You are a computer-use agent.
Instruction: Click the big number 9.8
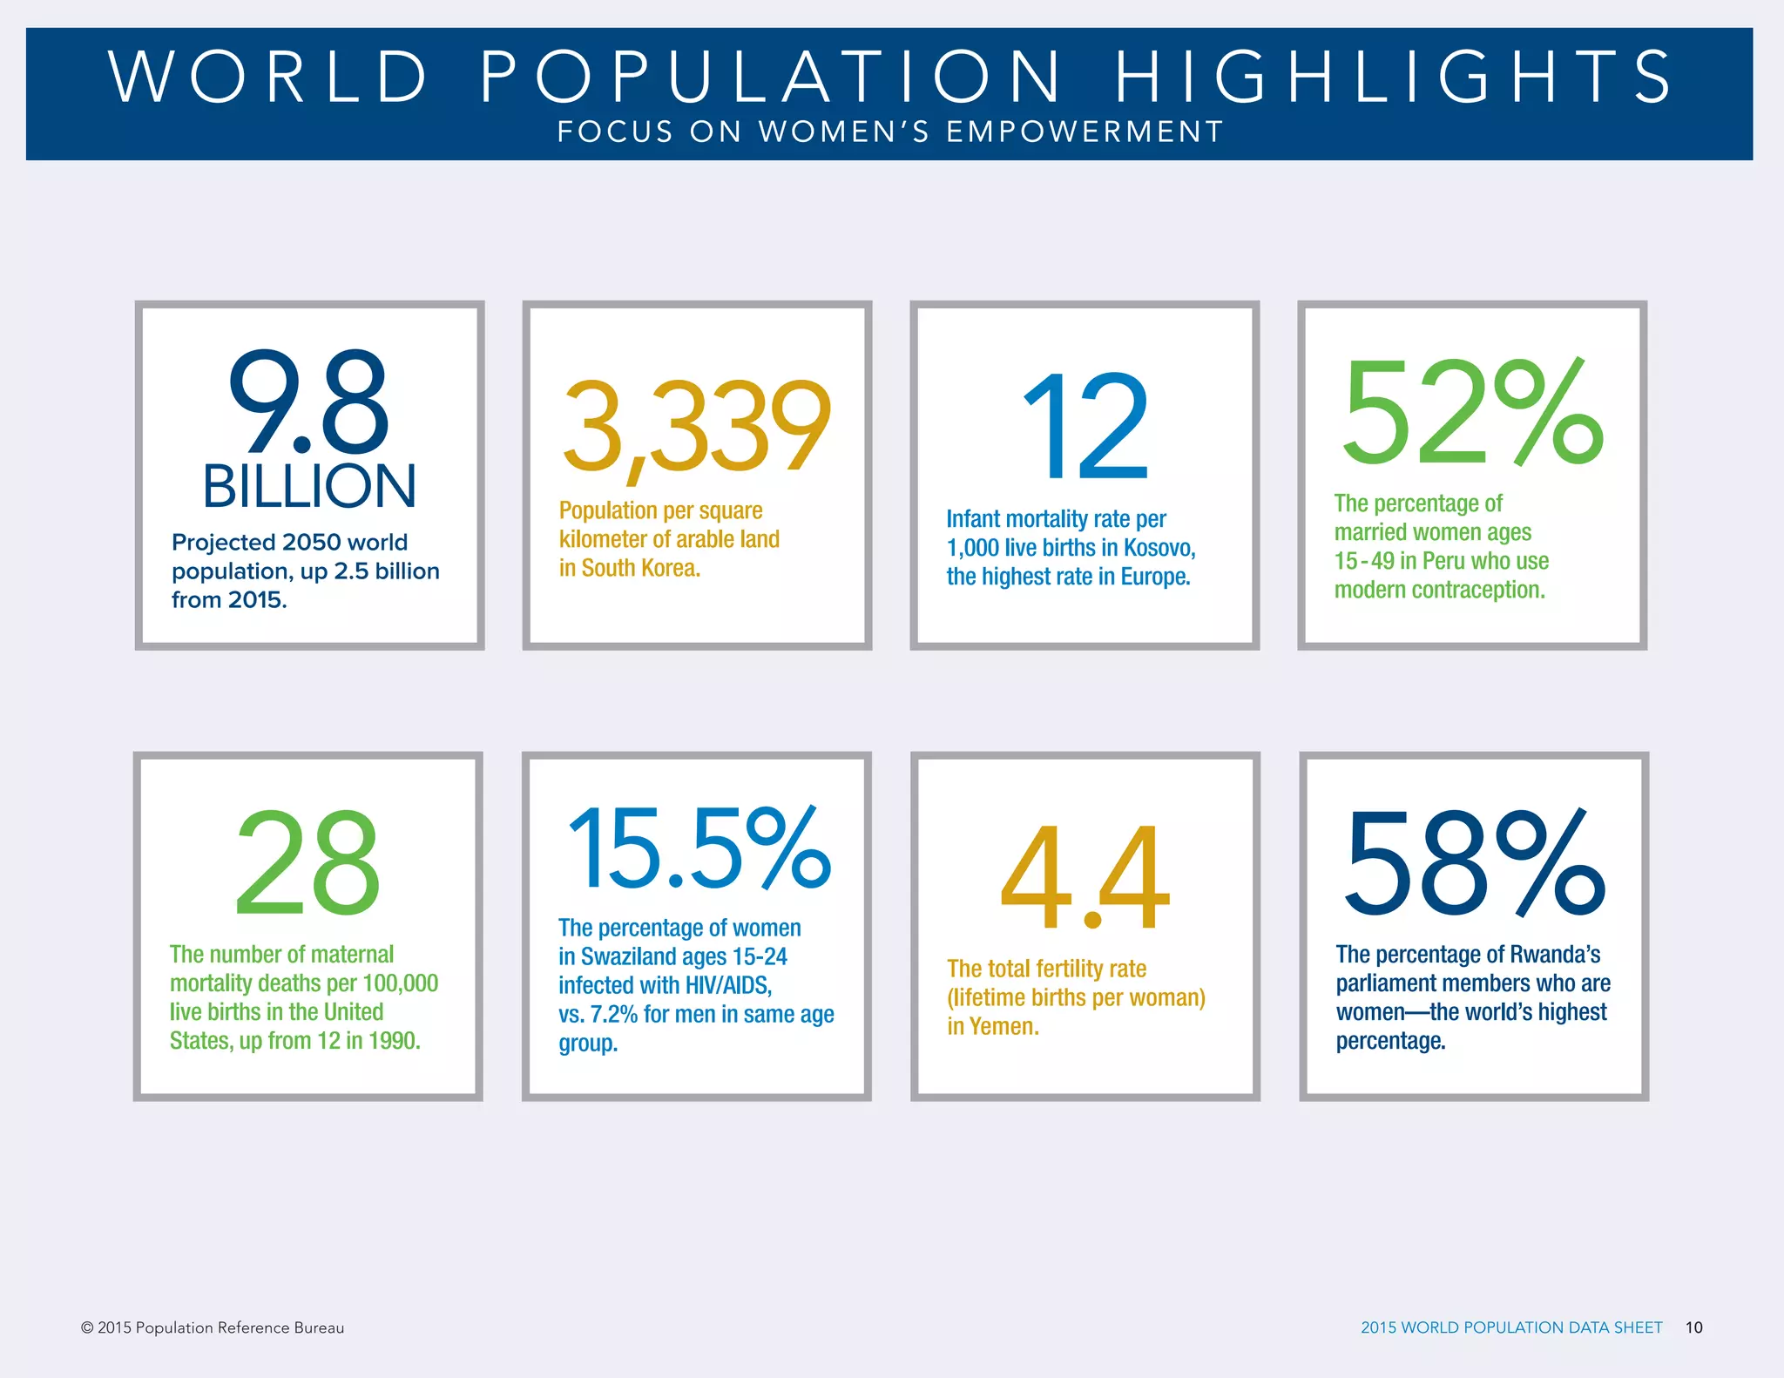pos(308,402)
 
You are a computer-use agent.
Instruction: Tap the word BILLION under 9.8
pos(309,486)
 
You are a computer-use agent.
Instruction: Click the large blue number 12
pos(1085,427)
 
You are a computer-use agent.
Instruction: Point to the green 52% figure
pos(1472,411)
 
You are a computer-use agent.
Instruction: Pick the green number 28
pos(307,863)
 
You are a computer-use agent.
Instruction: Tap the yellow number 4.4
pos(1085,877)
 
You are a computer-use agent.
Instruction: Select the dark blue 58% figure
pos(1474,863)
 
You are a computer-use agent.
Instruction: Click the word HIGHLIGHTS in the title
pos(1394,77)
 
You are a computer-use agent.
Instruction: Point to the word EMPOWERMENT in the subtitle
pos(1085,132)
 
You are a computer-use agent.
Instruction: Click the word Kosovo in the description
pos(1159,548)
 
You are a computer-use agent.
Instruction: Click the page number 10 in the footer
pos(1693,1327)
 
